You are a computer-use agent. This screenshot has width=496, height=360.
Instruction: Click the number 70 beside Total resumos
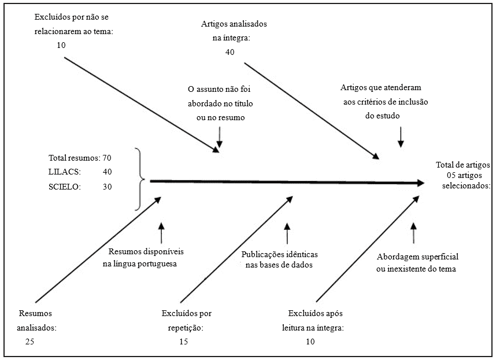106,157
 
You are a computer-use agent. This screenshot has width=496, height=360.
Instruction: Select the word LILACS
65,172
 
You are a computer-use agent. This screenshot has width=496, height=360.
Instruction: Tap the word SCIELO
65,187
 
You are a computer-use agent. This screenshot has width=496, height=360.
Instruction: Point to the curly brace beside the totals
139,179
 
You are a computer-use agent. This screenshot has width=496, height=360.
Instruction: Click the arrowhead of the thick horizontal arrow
420,183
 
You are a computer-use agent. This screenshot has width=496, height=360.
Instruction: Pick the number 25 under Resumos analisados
29,342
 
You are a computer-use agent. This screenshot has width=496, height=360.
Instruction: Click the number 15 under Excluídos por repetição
183,342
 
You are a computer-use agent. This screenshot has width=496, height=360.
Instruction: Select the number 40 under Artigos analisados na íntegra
230,52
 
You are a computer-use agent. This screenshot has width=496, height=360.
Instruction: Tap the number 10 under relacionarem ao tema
61,45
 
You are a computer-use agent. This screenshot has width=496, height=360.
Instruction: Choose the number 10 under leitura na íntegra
310,342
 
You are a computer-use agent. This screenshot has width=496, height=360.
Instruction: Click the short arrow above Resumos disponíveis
161,233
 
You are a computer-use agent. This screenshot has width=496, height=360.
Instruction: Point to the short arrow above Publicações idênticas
287,233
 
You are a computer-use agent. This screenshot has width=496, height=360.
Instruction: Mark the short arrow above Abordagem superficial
413,233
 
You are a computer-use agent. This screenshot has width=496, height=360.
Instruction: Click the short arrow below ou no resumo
219,137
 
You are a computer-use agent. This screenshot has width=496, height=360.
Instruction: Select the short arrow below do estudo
401,137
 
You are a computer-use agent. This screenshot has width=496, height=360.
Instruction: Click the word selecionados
466,185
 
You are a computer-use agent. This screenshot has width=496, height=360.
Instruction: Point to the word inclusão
413,102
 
